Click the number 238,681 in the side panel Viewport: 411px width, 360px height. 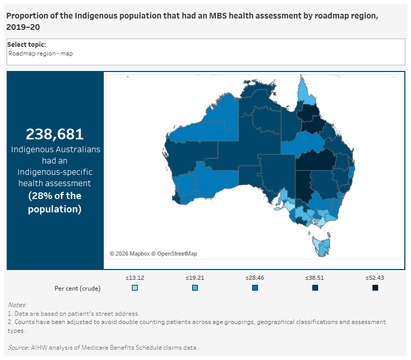(55, 134)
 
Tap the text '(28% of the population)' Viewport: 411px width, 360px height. (55, 203)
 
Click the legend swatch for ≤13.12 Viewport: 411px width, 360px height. (135, 288)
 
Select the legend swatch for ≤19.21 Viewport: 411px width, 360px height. (195, 288)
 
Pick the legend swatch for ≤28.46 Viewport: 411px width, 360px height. (255, 288)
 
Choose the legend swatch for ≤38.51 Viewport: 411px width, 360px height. (315, 288)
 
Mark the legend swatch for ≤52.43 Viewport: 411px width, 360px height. (375, 288)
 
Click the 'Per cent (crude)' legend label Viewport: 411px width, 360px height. (77, 288)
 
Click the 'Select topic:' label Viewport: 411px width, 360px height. (26, 45)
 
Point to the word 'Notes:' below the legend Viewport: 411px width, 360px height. (17, 305)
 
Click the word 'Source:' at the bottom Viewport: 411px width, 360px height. (18, 348)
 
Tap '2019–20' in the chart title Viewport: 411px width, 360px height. (23, 27)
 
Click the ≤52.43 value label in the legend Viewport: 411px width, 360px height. (375, 278)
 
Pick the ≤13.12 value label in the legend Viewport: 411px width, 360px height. (135, 278)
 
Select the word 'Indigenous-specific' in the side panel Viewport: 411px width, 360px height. (55, 172)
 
